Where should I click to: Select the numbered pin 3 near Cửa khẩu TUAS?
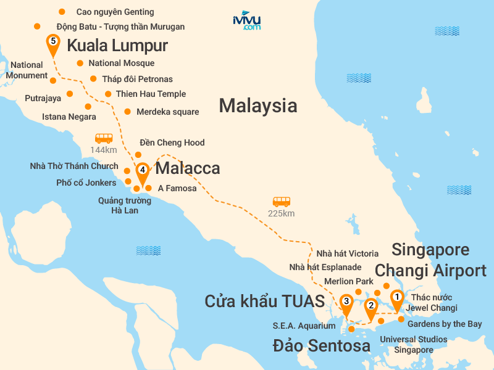point(346,302)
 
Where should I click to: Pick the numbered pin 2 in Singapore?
point(371,306)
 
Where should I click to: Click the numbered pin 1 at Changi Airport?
point(396,297)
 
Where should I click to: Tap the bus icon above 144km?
point(103,138)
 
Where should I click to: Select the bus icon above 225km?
point(281,202)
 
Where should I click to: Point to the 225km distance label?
point(281,213)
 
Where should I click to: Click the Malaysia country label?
point(257,105)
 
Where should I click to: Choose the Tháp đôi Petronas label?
point(137,79)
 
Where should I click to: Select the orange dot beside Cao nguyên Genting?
point(61,12)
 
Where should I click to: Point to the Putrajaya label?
point(43,98)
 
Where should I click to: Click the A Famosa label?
point(177,188)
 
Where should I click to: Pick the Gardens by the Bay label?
point(445,324)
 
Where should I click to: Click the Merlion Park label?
point(348,281)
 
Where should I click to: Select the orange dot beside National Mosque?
point(80,63)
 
